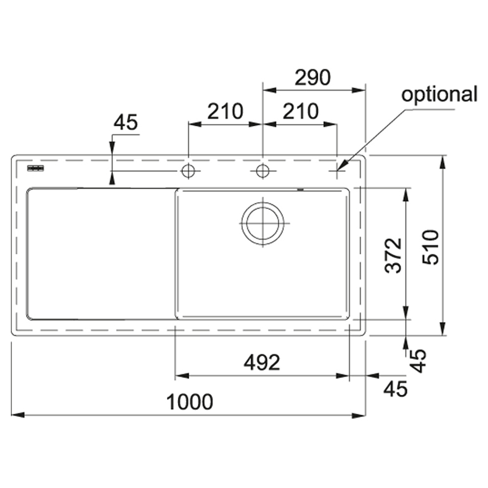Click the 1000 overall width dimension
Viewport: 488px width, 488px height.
pos(190,402)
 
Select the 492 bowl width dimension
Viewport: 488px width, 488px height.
pos(262,363)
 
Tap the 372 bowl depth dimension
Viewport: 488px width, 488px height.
pos(393,255)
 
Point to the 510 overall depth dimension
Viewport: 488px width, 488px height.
pos(431,247)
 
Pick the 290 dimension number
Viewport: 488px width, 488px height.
pos(312,78)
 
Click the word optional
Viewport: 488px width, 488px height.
pos(439,94)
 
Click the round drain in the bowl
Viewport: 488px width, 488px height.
pos(262,223)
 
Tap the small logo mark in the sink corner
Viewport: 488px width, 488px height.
pos(35,168)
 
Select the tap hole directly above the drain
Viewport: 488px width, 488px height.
pos(262,171)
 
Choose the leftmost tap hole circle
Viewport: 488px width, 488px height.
pos(188,171)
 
